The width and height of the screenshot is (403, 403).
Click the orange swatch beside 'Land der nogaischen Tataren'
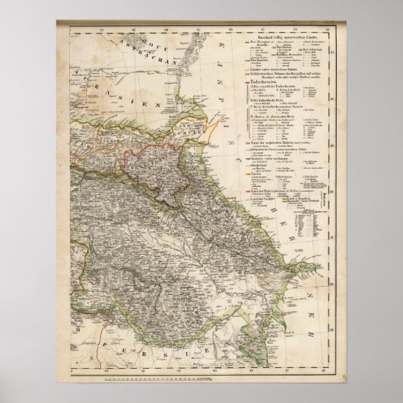pos(246,142)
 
